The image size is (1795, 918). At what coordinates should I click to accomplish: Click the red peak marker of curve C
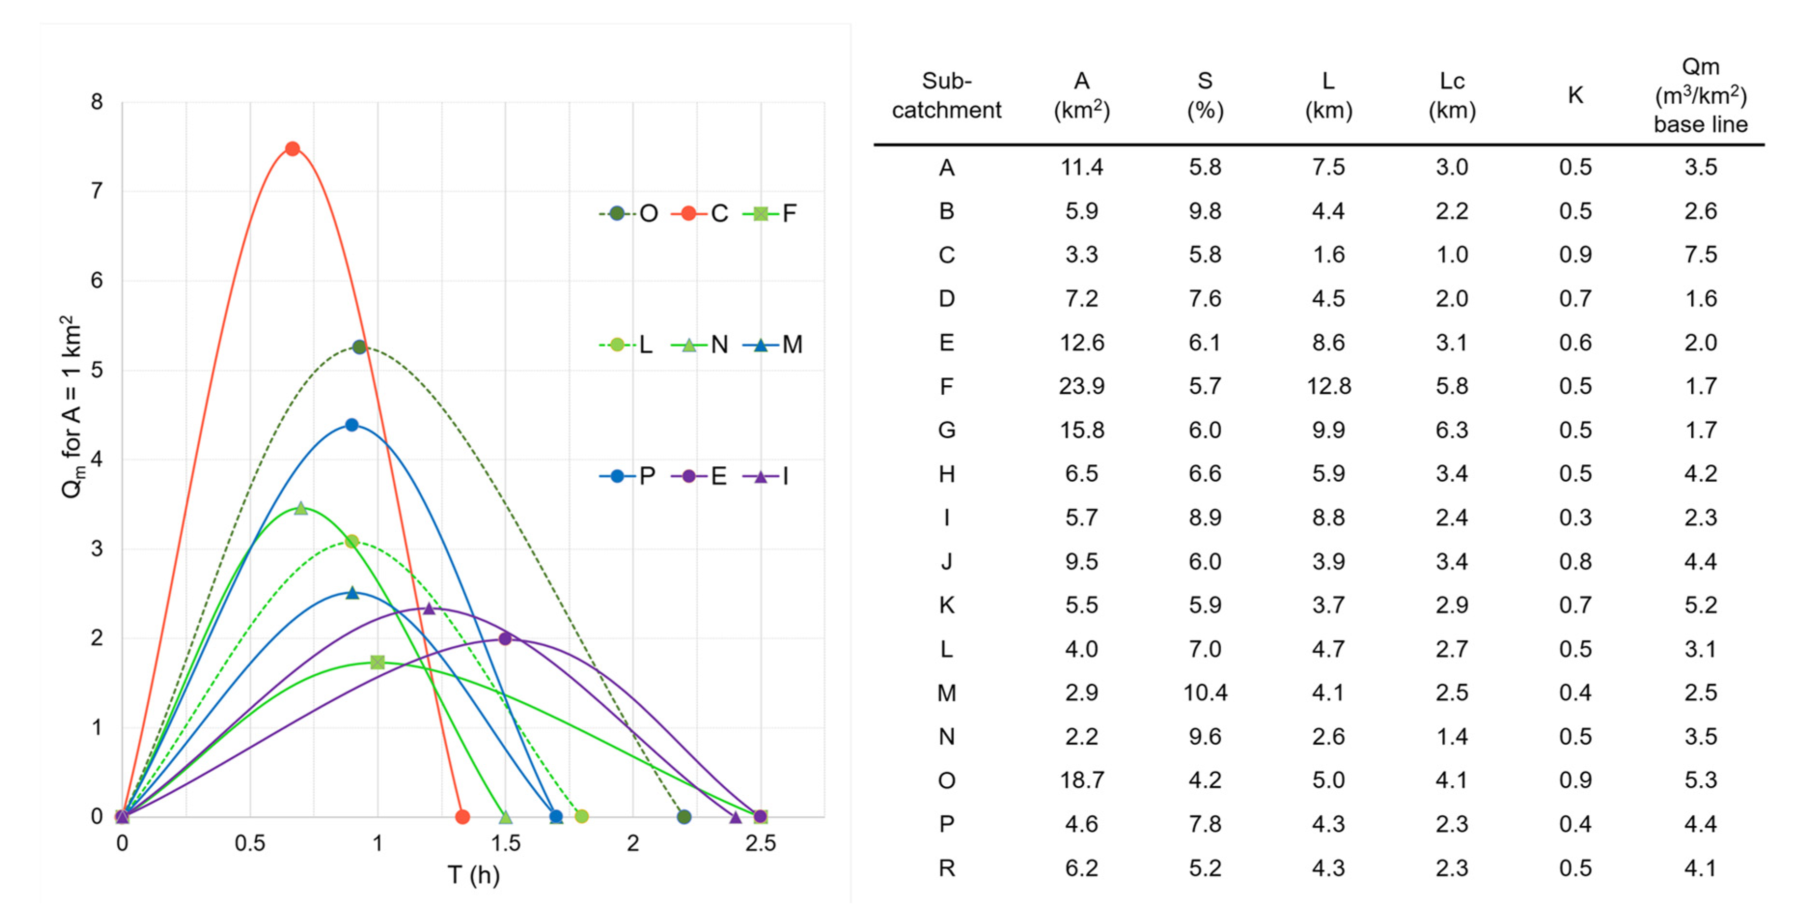tap(293, 149)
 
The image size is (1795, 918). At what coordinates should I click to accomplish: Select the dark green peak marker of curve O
tap(359, 347)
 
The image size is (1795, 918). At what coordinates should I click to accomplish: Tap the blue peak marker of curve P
tap(352, 425)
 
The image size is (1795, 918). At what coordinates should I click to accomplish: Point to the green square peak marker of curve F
tap(378, 662)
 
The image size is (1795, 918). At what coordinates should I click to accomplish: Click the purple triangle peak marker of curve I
tap(429, 609)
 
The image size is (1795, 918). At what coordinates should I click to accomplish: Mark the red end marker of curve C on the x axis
tap(462, 816)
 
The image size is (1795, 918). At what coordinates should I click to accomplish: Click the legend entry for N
tap(700, 344)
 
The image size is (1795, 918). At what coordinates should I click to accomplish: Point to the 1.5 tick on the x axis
tap(506, 843)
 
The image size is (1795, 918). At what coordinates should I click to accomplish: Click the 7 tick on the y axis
tap(97, 191)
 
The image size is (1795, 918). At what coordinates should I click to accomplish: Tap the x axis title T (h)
tap(474, 875)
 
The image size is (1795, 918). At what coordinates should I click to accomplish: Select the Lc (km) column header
tap(1452, 96)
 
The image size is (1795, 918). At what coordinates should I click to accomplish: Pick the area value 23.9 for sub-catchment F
tap(1081, 386)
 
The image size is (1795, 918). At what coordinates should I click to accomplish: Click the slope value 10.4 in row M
tap(1205, 693)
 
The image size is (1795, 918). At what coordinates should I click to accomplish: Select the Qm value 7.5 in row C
tap(1701, 254)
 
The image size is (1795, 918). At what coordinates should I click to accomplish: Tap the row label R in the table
tap(946, 868)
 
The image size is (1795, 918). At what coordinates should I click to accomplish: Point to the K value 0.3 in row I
tap(1575, 517)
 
